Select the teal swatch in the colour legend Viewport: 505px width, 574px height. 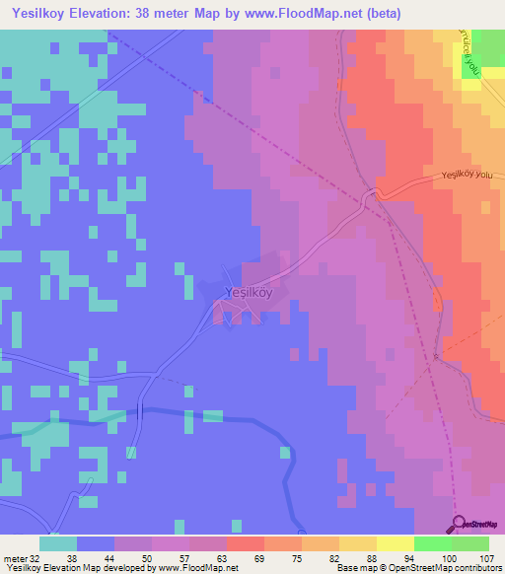[x=58, y=543]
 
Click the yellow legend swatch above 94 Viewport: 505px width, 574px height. [x=396, y=543]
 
